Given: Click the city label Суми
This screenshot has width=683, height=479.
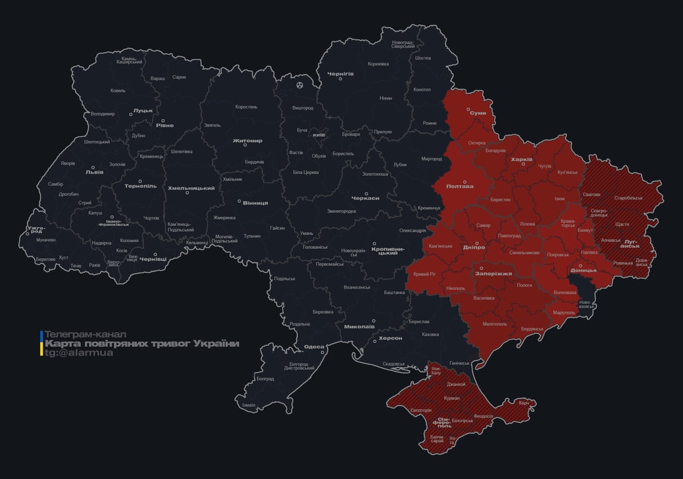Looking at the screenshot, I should pos(478,114).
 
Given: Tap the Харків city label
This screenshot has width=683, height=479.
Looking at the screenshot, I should pos(521,160).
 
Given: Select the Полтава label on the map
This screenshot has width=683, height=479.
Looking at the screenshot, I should pos(460,186).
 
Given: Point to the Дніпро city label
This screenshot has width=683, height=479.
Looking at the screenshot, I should pos(474,248).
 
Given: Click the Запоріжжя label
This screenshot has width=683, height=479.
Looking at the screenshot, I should pos(494,273).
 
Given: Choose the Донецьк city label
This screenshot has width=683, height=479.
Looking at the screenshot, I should pos(584,270).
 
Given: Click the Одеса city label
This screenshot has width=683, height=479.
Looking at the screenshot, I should pos(314,347).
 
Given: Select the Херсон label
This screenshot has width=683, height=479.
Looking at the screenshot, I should pos(391,338).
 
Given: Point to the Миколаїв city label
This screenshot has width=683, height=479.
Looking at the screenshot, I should pos(359,326).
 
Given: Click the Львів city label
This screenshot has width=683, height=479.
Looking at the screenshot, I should pos(94,172).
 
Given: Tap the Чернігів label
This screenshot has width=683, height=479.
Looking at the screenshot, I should pos(340,74).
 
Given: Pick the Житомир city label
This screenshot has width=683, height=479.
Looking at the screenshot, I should pos(247,141).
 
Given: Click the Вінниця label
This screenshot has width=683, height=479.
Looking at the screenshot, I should pos(255,203).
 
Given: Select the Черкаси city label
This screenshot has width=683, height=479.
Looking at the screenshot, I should pos(365,198).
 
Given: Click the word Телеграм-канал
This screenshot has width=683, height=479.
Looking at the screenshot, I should pos(86,334).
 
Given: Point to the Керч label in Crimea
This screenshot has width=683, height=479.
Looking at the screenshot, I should pos(524,403).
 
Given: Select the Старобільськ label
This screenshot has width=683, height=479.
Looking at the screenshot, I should pos(628,198).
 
